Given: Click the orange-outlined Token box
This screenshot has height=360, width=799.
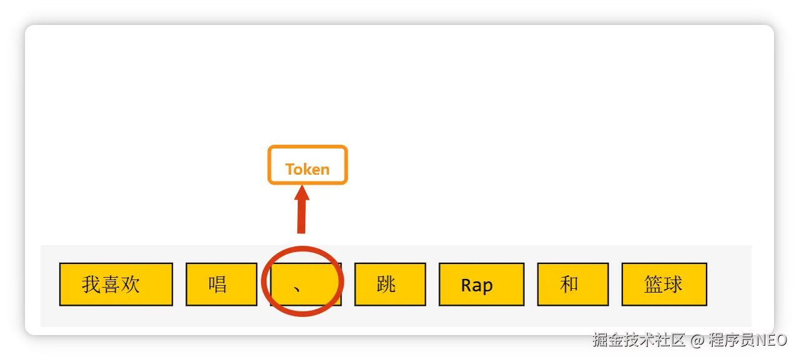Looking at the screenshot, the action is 307,165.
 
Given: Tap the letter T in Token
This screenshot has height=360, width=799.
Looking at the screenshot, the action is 290,170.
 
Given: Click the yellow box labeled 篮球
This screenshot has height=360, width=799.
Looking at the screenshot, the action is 664,285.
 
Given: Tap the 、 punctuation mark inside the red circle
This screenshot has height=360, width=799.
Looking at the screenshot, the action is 298,288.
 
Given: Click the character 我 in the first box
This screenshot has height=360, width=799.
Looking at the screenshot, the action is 91,285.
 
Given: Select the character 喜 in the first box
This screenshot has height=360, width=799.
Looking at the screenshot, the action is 111,285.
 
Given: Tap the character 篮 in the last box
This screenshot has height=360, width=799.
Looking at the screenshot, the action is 654,285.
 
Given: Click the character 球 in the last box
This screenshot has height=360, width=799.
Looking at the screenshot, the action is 674,285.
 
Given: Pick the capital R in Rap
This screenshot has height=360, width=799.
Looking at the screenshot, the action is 467,286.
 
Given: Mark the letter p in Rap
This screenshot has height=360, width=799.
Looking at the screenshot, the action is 488,287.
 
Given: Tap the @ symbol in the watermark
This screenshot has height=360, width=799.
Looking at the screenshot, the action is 697,340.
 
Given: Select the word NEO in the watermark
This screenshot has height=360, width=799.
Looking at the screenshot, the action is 770,340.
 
